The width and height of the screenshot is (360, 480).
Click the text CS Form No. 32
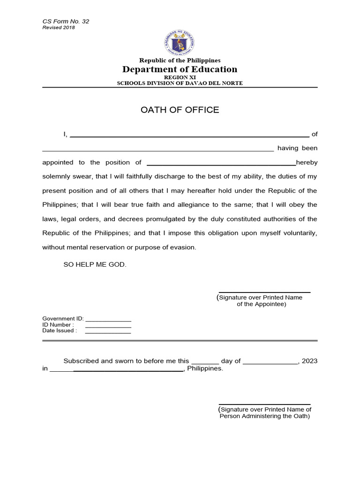pyautogui.click(x=66, y=22)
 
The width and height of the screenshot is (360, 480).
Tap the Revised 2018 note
pyautogui.click(x=59, y=28)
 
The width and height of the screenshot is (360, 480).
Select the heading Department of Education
pyautogui.click(x=180, y=69)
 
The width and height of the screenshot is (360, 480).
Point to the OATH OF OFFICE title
pyautogui.click(x=180, y=110)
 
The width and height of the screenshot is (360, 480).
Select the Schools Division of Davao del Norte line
pyautogui.click(x=180, y=83)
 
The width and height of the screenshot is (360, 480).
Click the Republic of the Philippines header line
pyautogui.click(x=180, y=60)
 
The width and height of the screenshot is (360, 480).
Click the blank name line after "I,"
pyautogui.click(x=189, y=135)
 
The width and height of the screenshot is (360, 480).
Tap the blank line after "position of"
pyautogui.click(x=221, y=164)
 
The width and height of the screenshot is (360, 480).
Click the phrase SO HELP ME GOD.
pyautogui.click(x=95, y=265)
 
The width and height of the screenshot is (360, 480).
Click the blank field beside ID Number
pyautogui.click(x=108, y=326)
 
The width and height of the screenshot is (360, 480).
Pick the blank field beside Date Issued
pyautogui.click(x=108, y=332)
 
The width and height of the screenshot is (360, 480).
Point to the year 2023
pyautogui.click(x=310, y=361)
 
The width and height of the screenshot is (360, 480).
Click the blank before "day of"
pyautogui.click(x=205, y=362)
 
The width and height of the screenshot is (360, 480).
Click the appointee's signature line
pyautogui.click(x=264, y=292)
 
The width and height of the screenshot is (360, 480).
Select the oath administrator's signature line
pyautogui.click(x=264, y=404)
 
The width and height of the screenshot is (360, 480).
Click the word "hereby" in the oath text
pyautogui.click(x=307, y=163)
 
